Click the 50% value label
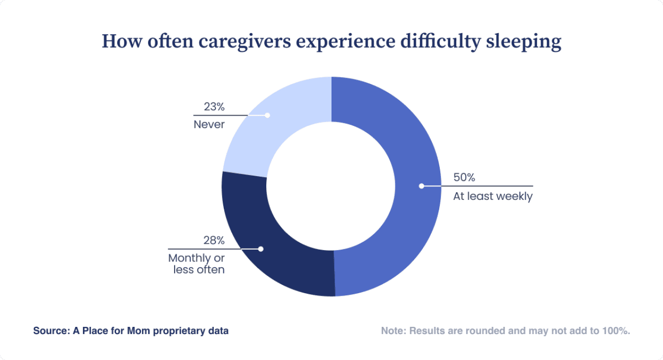coord(464,177)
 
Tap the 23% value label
coord(214,107)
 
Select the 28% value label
coord(214,240)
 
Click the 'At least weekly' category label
coord(493,196)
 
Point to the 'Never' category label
coord(209,124)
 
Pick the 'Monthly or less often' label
coord(196,264)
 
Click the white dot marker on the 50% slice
coord(421,185)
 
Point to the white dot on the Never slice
coord(267,115)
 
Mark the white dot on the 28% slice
coord(261,249)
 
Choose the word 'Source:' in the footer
coord(49,330)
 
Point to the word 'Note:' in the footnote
coord(394,330)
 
